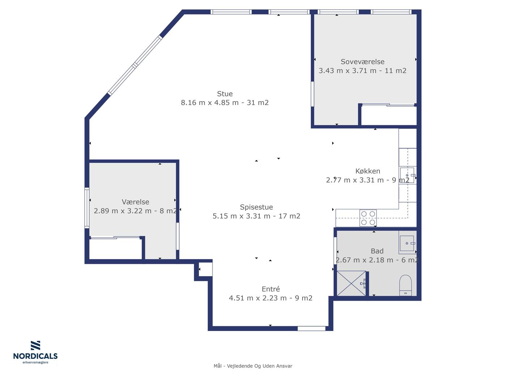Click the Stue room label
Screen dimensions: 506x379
[x=224, y=94]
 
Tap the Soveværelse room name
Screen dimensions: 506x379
[x=363, y=62]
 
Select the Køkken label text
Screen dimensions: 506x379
[x=368, y=171]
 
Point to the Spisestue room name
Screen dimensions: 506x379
[x=256, y=207]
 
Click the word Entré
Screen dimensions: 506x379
[x=271, y=289]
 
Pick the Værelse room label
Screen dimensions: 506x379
[x=135, y=202]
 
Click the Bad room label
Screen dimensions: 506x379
[x=377, y=251]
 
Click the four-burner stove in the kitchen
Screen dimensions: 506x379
[x=368, y=218]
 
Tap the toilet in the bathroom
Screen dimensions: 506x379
[x=406, y=285]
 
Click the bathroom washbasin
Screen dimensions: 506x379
[x=407, y=243]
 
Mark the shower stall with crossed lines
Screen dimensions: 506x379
[x=351, y=283]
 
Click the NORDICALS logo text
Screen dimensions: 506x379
[x=35, y=356]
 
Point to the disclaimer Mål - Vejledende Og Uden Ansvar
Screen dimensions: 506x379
[x=253, y=366]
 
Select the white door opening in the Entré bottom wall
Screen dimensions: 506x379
[x=312, y=328]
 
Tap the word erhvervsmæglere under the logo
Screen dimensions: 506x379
[x=35, y=362]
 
